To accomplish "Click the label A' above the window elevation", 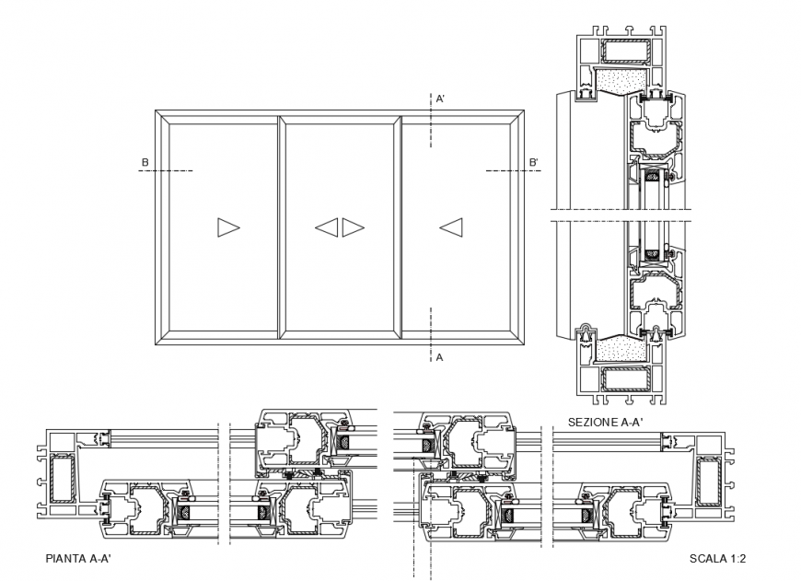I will pyautogui.click(x=441, y=99).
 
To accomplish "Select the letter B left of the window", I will pyautogui.click(x=145, y=164).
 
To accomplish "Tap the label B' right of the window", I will pyautogui.click(x=534, y=164).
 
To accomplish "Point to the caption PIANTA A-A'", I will pyautogui.click(x=78, y=558).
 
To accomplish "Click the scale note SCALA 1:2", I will pyautogui.click(x=717, y=559).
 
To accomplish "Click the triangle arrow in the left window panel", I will pyautogui.click(x=227, y=227).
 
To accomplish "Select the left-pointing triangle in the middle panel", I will pyautogui.click(x=327, y=227).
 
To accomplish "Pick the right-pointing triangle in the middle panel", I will pyautogui.click(x=353, y=227).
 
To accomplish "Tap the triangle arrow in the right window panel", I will pyautogui.click(x=450, y=227).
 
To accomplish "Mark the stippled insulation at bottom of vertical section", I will pyautogui.click(x=620, y=348).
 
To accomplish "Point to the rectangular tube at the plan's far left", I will pyautogui.click(x=63, y=480).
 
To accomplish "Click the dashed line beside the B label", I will pyautogui.click(x=171, y=171).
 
